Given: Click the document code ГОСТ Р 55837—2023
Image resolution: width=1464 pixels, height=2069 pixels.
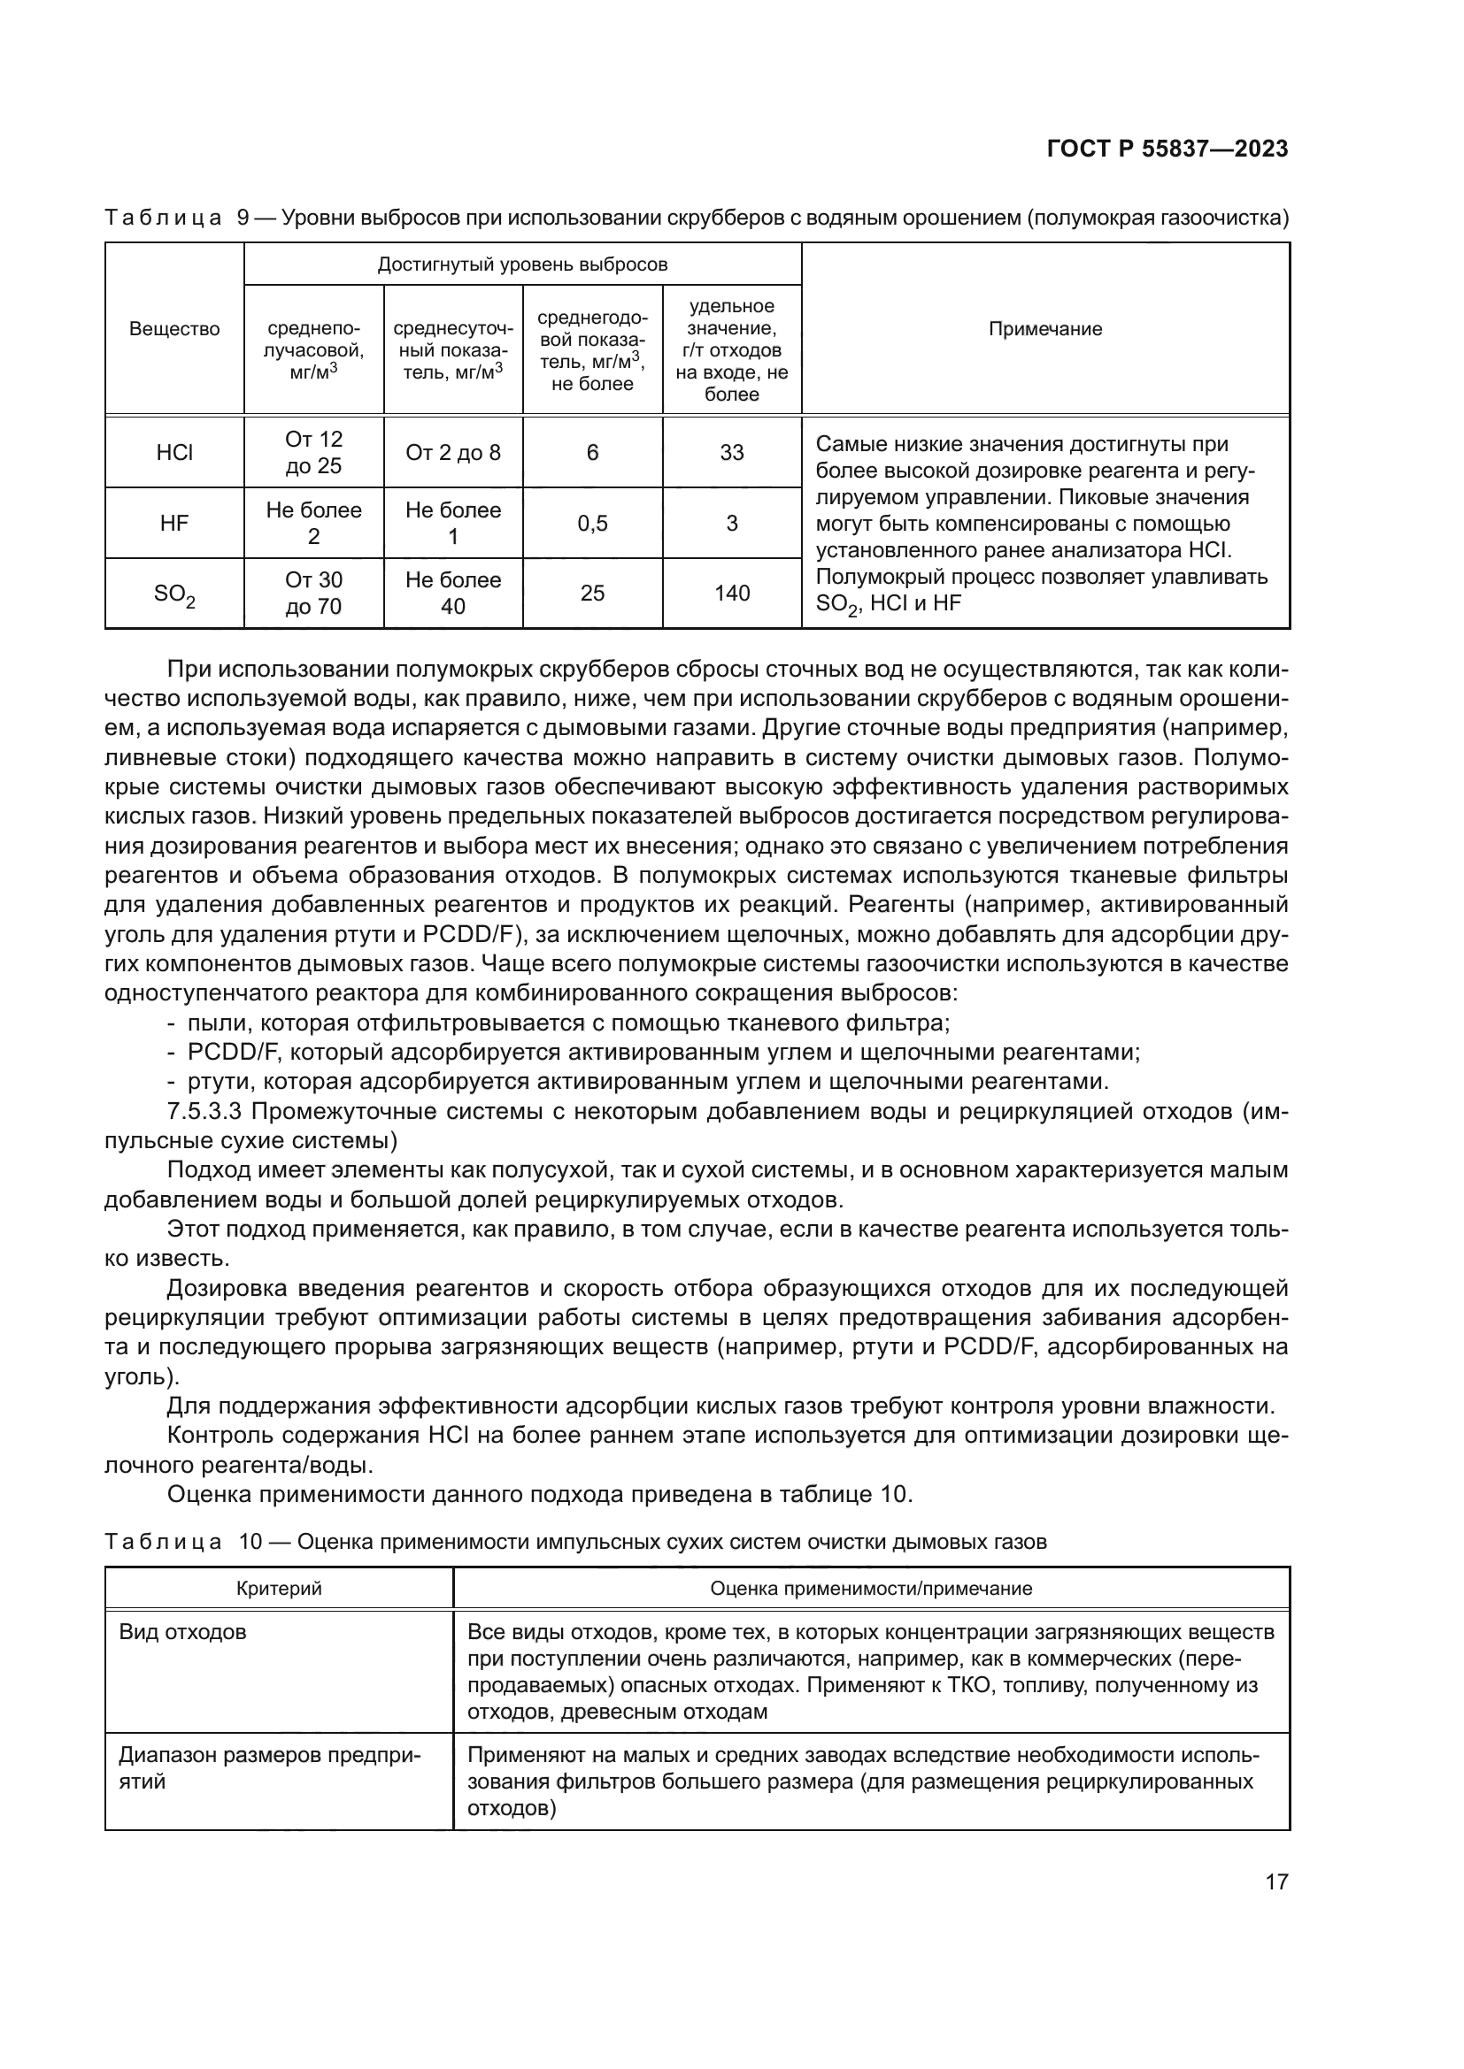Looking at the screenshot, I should coord(1167,149).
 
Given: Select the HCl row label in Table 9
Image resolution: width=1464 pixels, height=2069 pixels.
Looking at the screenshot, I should coord(174,452).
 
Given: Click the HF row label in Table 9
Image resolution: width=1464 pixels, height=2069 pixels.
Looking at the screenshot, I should coord(174,523).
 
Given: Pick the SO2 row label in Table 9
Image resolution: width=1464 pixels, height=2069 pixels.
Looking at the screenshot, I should coord(174,594).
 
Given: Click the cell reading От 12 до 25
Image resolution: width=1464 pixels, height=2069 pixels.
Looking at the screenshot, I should coord(313,452).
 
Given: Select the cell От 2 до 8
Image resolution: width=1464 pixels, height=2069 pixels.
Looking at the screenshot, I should coord(452,452).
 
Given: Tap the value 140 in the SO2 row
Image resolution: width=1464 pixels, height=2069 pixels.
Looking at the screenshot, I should coord(731,593).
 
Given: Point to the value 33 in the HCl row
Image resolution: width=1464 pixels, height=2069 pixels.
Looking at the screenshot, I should coord(731,452).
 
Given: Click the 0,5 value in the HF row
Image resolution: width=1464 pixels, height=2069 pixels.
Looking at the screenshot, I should coord(592,523).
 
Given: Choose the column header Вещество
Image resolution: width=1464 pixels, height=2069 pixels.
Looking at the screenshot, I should coord(174,329).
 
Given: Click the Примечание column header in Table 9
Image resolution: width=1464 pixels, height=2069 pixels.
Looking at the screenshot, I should coord(1044,329).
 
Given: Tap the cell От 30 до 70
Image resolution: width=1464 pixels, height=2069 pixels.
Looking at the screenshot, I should coord(313,593).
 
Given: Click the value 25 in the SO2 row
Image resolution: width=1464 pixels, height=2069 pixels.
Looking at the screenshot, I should coord(592,593).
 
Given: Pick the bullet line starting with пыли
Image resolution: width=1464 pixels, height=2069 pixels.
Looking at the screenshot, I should coord(568,1023).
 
